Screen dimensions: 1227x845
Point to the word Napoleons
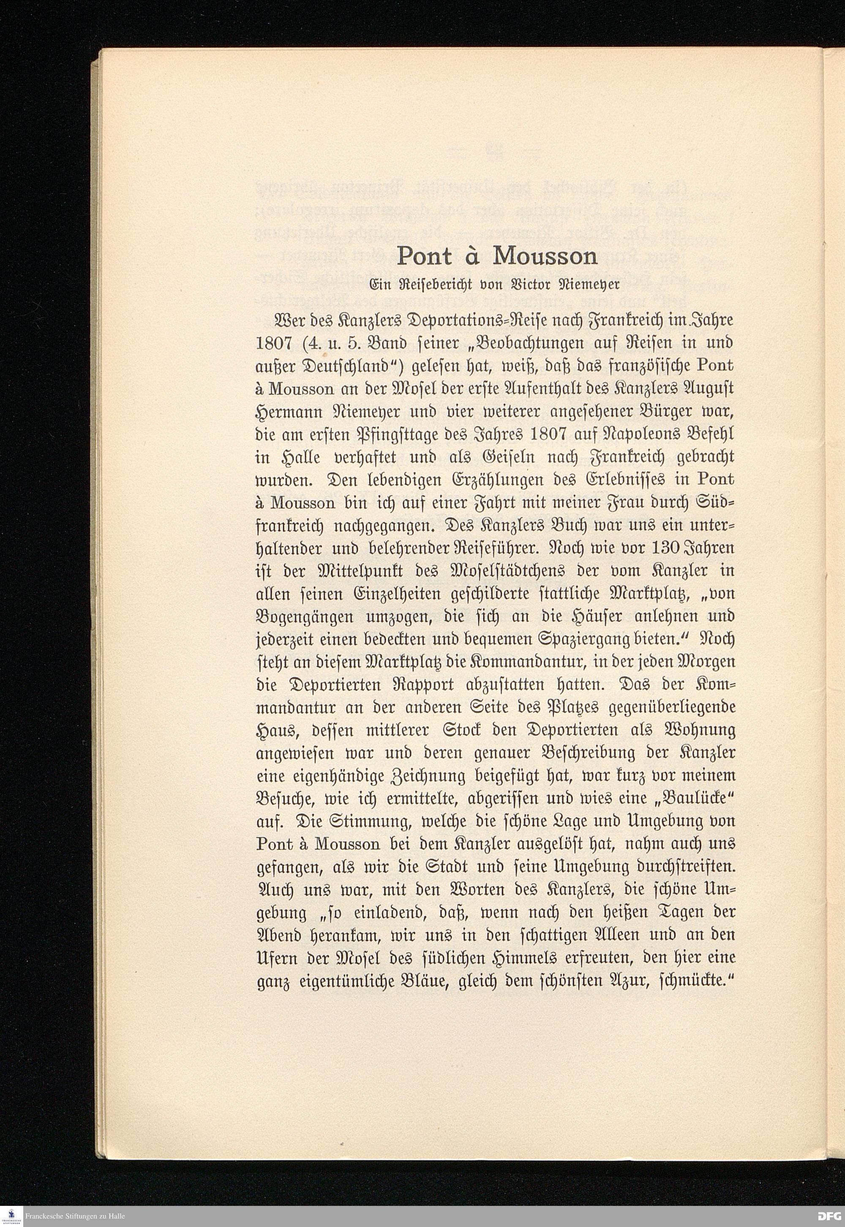pyautogui.click(x=627, y=434)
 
